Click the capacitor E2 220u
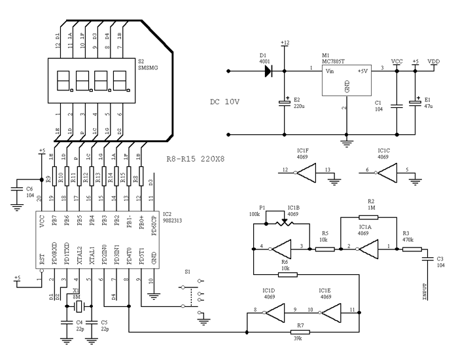[284, 103]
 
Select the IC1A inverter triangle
[367, 249]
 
